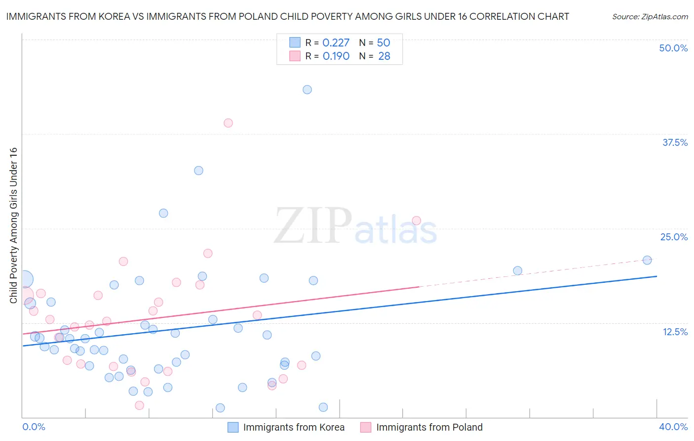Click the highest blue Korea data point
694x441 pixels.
click(x=307, y=89)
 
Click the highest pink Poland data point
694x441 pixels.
click(x=228, y=123)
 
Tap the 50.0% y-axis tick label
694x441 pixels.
click(x=673, y=48)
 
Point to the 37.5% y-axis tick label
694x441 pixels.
click(x=675, y=142)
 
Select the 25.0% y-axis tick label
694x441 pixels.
click(x=674, y=237)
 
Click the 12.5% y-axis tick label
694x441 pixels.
click(x=675, y=332)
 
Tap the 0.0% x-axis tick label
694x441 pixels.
click(x=34, y=427)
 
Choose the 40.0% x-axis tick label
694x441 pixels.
click(x=673, y=427)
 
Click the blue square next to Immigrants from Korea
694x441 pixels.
click(x=233, y=427)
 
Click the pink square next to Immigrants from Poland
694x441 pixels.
click(x=366, y=427)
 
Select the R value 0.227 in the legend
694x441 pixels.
click(x=336, y=43)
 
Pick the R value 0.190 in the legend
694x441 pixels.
click(x=336, y=56)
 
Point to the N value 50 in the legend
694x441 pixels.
click(x=384, y=43)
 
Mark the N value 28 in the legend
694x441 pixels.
click(x=384, y=56)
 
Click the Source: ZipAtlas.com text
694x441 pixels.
click(x=650, y=17)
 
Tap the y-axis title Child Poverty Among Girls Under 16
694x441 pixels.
click(x=13, y=225)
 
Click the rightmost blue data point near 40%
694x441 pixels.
click(x=647, y=260)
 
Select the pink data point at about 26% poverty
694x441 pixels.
click(x=416, y=220)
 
